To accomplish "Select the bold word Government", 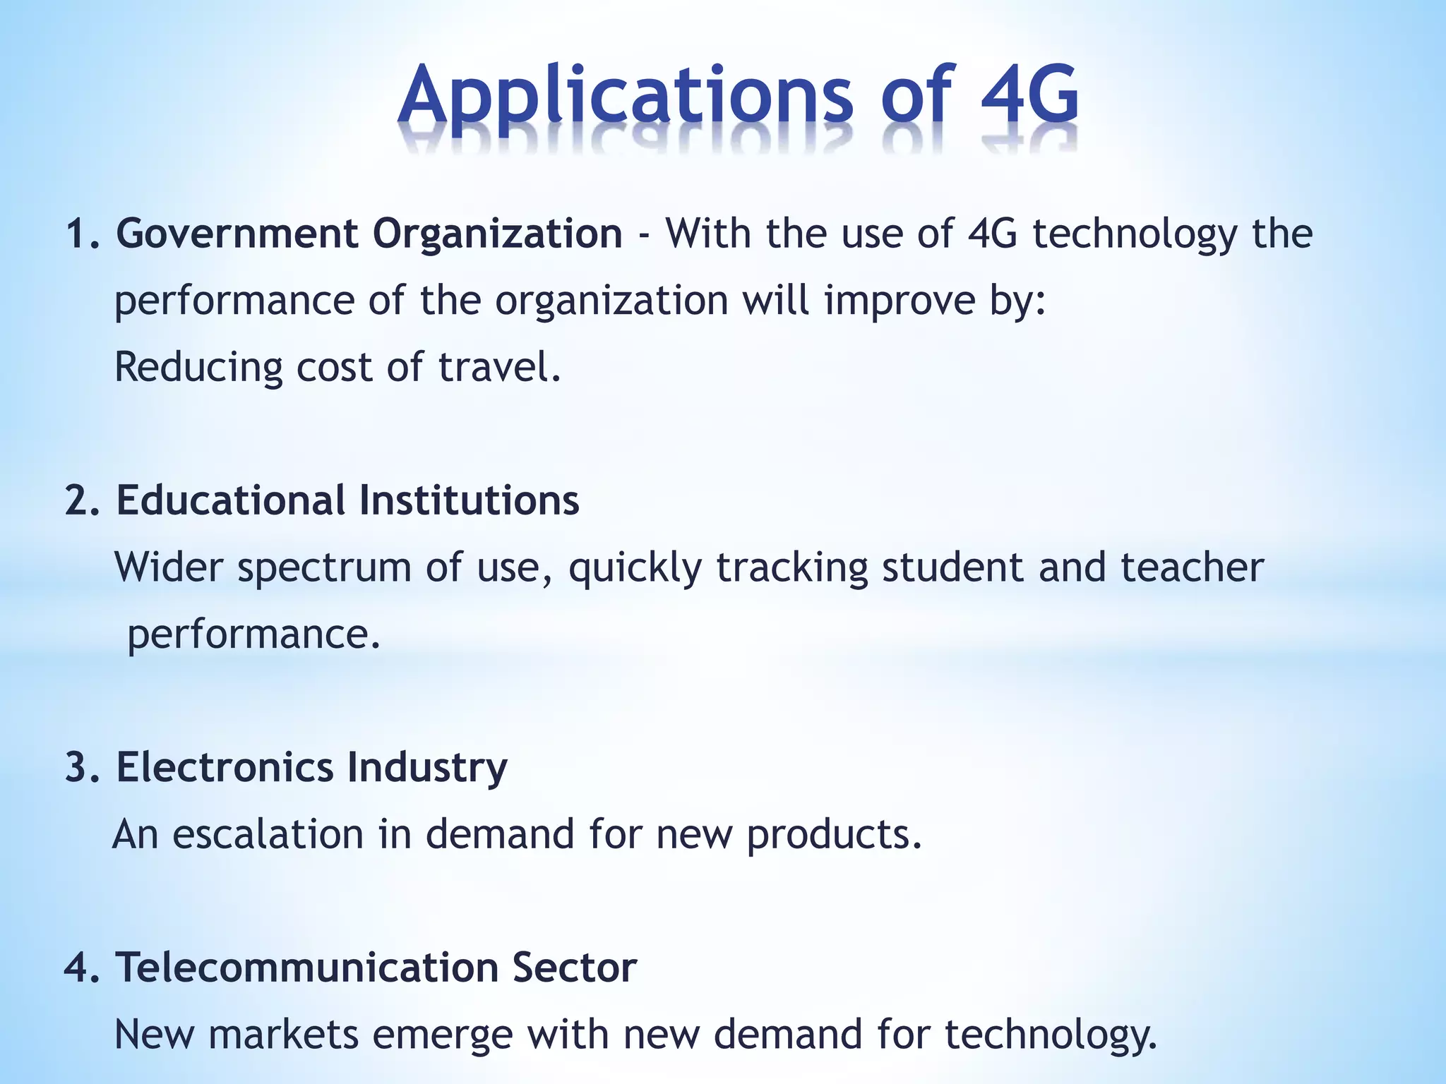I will [x=238, y=234].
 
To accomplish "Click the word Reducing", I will [x=198, y=368].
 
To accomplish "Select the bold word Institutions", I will [x=469, y=500].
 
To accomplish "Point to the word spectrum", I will [x=324, y=568].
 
